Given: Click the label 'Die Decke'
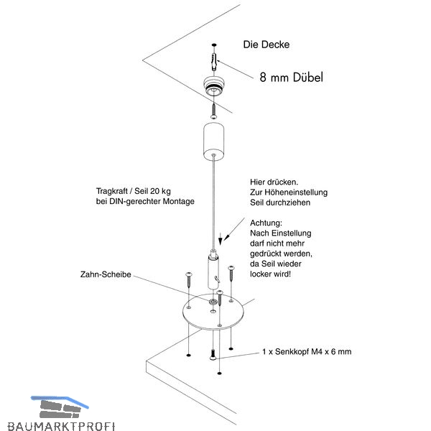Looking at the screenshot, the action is (266, 45).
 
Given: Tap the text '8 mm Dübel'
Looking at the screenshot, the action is (292, 78).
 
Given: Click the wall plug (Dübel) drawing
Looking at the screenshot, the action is (214, 62).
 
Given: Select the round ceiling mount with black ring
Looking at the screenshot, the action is (213, 85).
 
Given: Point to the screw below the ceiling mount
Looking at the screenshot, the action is (213, 111).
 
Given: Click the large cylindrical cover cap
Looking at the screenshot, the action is (213, 142).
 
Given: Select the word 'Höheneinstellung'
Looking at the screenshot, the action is (296, 192).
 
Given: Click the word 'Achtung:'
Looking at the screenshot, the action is (266, 223).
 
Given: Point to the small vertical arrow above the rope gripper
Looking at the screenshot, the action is (221, 238).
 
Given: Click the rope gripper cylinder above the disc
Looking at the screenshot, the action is (213, 269).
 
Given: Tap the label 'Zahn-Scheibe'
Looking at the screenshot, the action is (106, 274).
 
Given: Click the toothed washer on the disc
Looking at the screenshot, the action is (212, 302).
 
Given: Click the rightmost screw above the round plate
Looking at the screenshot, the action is (231, 274).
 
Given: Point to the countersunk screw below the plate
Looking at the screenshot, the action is (213, 355).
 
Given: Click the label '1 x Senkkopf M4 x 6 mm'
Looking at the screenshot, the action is (307, 351).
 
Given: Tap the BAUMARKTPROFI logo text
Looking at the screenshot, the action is (61, 425).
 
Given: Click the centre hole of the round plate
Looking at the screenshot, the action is (213, 312).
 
